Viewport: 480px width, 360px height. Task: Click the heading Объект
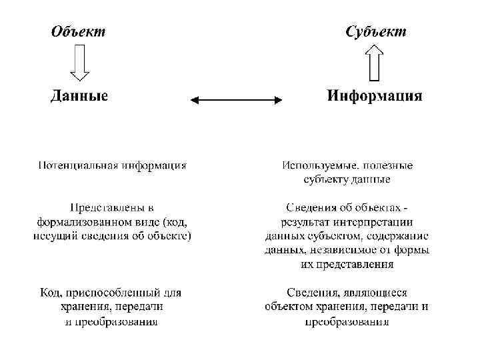pos(78,31)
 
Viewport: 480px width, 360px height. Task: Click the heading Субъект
pos(375,31)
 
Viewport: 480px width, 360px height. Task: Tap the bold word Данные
pos(79,95)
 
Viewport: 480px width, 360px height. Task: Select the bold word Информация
pos(374,95)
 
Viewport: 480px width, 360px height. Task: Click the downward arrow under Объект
pos(79,62)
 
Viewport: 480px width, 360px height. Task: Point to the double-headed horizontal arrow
pos(237,100)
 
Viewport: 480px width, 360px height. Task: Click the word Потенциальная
pos(78,165)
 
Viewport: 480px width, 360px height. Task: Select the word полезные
pos(389,165)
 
